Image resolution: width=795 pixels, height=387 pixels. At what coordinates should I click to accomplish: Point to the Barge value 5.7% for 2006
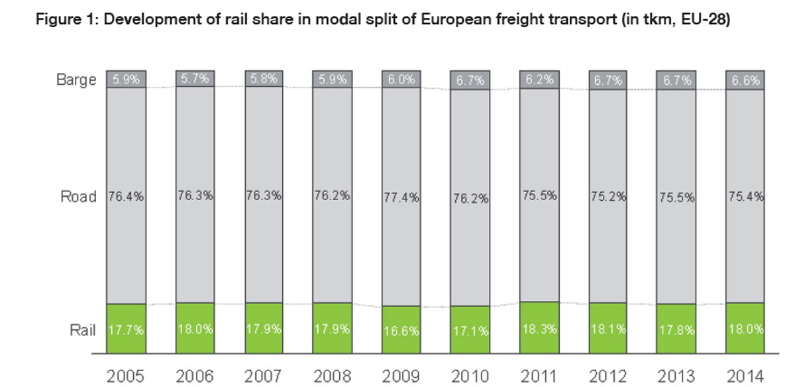[x=195, y=80]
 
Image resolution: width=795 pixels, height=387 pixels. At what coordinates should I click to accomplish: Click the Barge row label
[x=76, y=80]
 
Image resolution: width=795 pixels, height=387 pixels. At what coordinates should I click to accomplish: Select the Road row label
[x=79, y=197]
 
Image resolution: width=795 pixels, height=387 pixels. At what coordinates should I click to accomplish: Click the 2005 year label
[x=126, y=376]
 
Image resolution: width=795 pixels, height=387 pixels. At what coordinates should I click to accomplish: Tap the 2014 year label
[x=745, y=376]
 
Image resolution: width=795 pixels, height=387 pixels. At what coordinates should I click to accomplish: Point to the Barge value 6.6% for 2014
[x=745, y=80]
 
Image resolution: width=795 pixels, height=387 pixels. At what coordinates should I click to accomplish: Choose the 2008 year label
[x=333, y=376]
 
